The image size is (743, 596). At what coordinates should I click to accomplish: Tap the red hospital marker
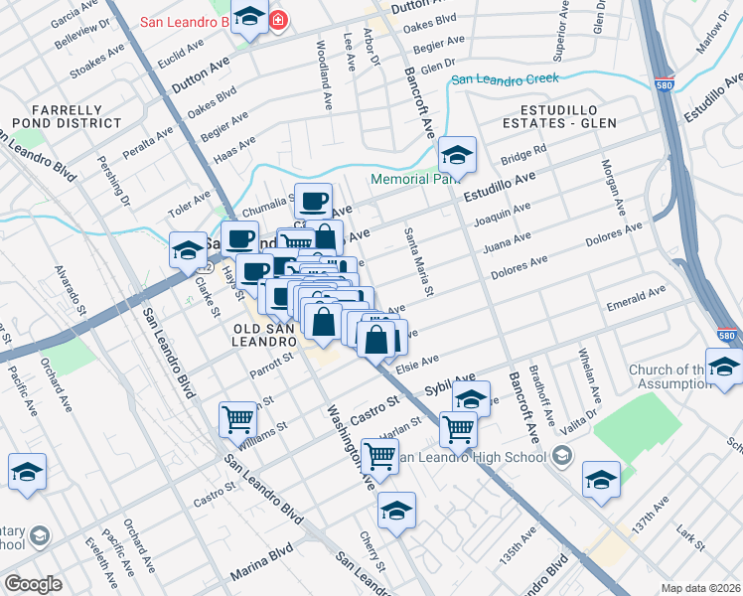pos(279,19)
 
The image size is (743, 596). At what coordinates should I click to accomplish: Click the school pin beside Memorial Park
pos(458,155)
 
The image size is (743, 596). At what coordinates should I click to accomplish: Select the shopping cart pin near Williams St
pos(237,419)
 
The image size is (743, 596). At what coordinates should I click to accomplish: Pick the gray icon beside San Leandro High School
pos(561,457)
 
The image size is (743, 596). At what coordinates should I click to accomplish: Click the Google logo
pos(32,584)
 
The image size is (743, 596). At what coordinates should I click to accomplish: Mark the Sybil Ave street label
pos(450,383)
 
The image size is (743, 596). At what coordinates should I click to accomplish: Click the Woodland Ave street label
pos(323,74)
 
